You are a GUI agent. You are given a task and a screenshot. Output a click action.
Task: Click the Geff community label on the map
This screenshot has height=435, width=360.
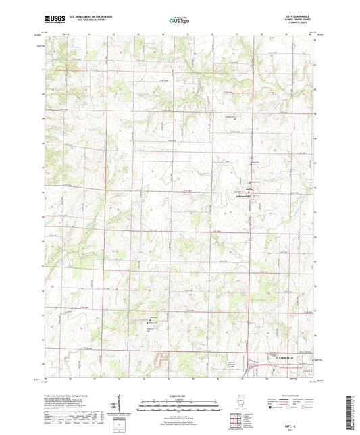click(x=249, y=190)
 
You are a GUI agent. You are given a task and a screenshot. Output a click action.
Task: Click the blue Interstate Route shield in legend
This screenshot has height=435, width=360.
click(x=273, y=407)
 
